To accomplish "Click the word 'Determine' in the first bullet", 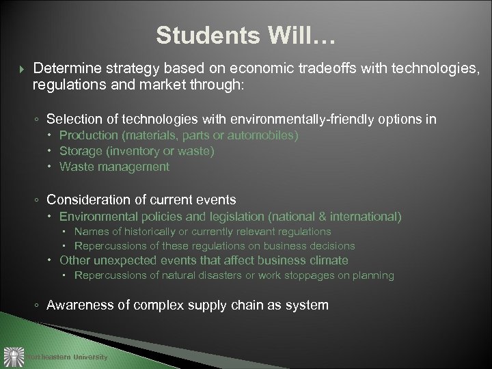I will click(62, 70).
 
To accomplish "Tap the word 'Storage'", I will click(79, 151).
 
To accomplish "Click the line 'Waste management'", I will click(114, 166).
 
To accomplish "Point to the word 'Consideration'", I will click(85, 200).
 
